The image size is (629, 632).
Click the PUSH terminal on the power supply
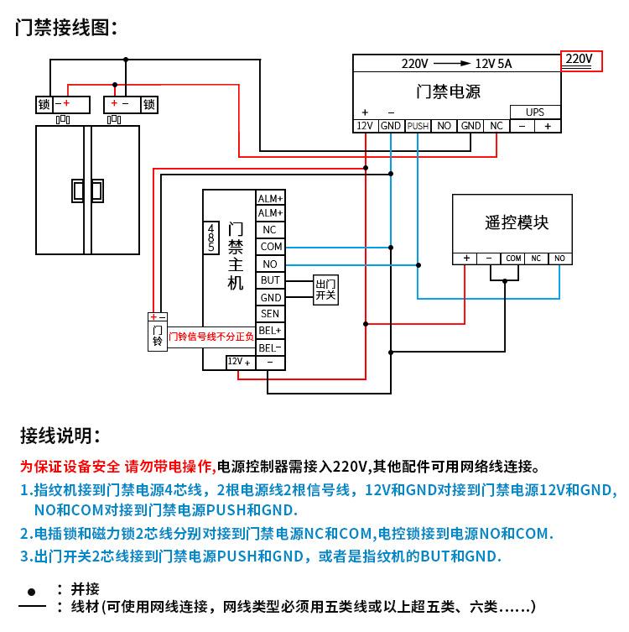tap(418, 126)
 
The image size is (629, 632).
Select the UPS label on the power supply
tap(534, 112)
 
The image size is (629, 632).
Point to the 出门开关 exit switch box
tap(325, 290)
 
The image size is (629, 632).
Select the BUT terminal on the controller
tap(270, 280)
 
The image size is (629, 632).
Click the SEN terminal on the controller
tap(270, 314)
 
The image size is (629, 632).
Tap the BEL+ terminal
tap(270, 331)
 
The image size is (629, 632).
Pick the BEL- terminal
tap(270, 347)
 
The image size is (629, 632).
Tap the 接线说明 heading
tap(60, 436)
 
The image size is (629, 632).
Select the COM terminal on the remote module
tap(513, 259)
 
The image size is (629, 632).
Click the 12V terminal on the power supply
tap(365, 126)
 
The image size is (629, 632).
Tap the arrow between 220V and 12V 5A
tap(452, 63)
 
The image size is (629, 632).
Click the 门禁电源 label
tap(449, 91)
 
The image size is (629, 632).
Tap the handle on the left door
tap(78, 191)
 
